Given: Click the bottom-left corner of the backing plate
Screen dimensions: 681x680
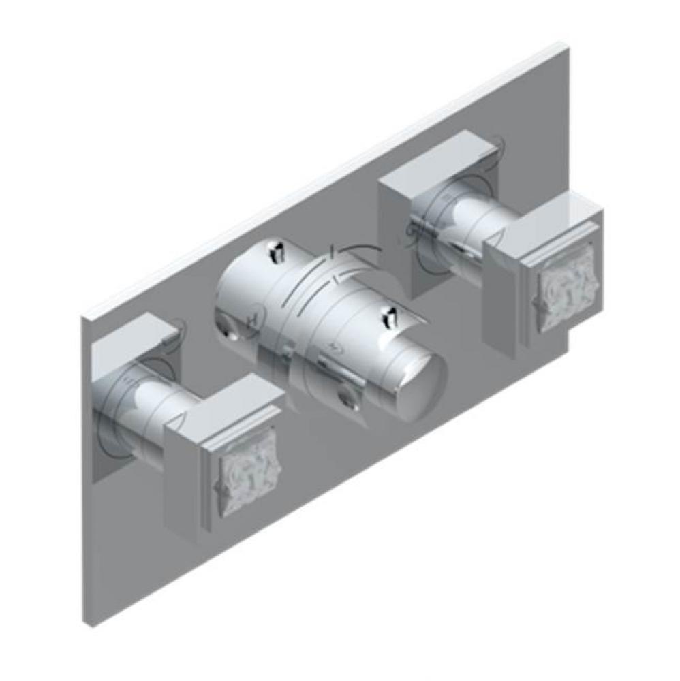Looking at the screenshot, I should [93, 626].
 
